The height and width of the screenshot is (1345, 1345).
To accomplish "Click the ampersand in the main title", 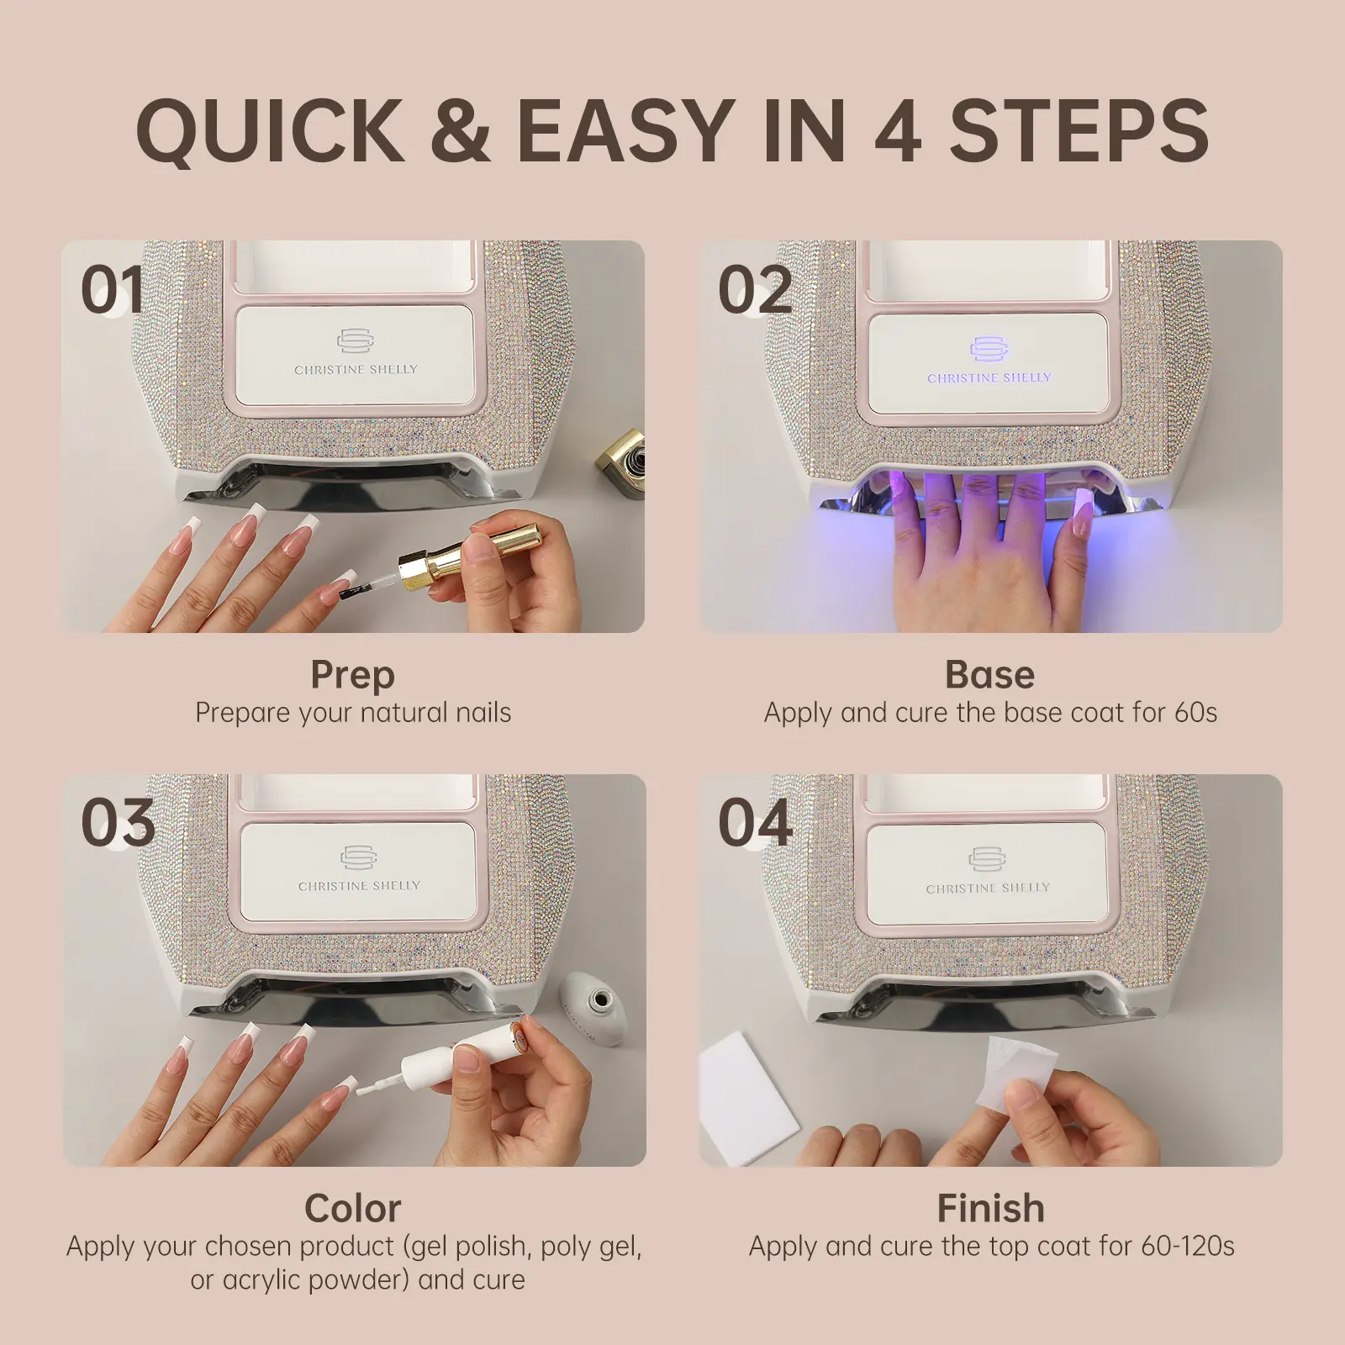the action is (461, 130).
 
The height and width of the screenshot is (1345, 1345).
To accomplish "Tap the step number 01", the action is (113, 290).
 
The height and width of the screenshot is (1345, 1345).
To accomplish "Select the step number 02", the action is (755, 290).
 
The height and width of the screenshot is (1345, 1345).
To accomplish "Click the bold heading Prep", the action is (353, 676).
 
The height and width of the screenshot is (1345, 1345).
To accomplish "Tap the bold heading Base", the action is (990, 674).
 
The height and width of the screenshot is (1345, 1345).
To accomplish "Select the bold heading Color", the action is (353, 1208).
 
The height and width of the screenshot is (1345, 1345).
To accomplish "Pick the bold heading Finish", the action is (991, 1208).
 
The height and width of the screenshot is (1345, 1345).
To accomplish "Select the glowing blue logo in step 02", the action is (989, 349).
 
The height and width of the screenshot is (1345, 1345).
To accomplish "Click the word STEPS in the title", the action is (1079, 130).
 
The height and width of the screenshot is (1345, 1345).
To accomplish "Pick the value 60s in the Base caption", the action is (1195, 713).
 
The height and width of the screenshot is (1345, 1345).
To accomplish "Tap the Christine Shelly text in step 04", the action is (988, 888).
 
